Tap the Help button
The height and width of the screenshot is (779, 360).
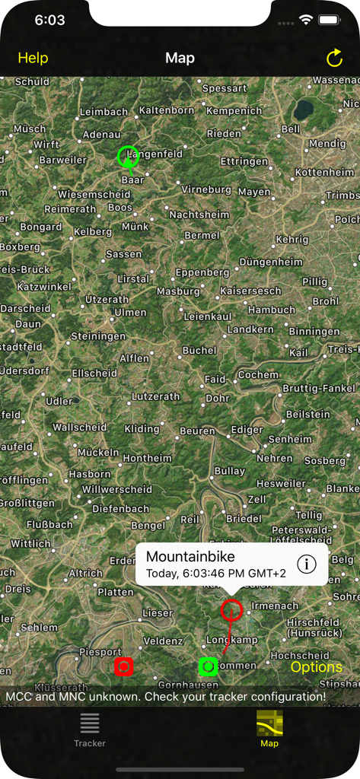[33, 58]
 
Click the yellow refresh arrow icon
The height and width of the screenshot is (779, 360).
[334, 58]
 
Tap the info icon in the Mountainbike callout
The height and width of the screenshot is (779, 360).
[306, 564]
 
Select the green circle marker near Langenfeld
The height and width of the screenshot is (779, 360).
[128, 156]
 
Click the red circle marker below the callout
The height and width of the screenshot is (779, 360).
[231, 609]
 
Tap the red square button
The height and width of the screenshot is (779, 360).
[123, 666]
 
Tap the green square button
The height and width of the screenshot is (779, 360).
[209, 666]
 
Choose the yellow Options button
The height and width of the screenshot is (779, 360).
[317, 667]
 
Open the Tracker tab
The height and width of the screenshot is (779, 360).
[90, 730]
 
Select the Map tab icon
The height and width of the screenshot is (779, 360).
[269, 723]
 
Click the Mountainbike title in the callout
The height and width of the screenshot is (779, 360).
[190, 557]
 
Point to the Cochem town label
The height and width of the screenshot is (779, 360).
[259, 374]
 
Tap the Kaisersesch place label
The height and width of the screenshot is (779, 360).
[250, 291]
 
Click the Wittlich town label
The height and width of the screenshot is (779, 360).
[31, 544]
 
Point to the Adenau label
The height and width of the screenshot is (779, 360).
[101, 135]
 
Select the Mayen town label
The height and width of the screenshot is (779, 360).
[254, 192]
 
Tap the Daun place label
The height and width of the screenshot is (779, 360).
[29, 324]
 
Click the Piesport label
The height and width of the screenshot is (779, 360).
[100, 652]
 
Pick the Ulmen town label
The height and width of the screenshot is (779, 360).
[130, 313]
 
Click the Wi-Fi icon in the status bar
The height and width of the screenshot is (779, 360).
[306, 20]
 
